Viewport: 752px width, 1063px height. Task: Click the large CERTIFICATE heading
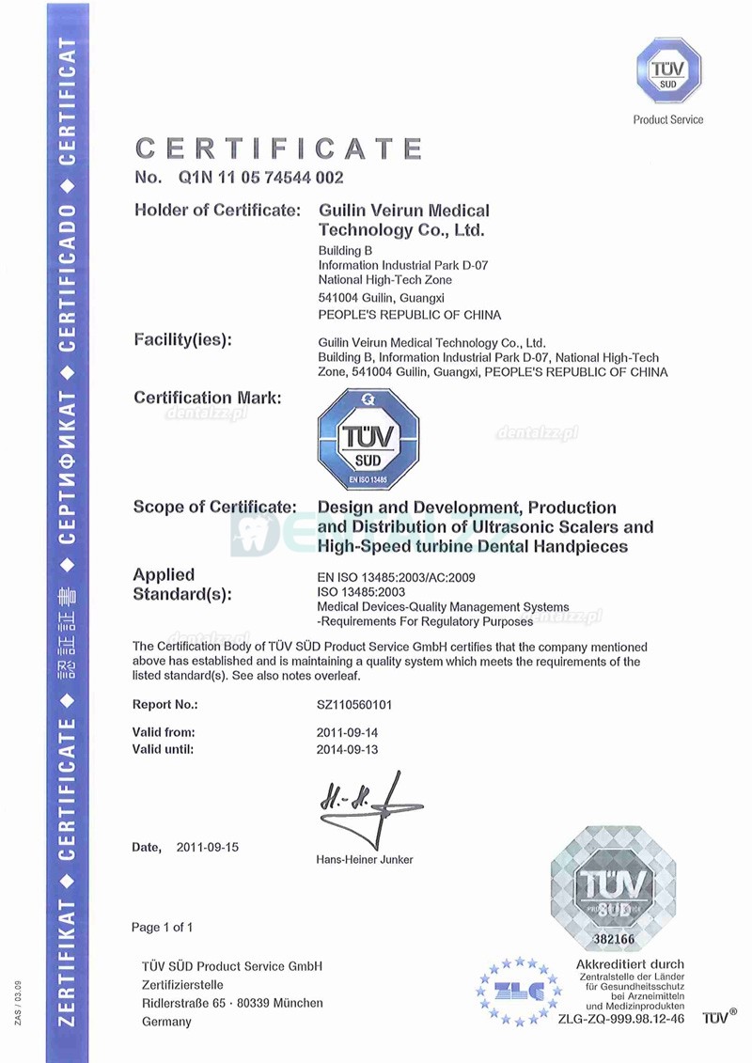[x=279, y=149]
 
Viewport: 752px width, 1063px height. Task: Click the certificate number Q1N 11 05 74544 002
[x=258, y=177]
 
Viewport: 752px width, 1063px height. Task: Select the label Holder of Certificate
[x=217, y=210]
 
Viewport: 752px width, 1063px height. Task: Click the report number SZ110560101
[x=362, y=705]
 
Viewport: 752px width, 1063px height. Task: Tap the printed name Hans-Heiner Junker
[x=365, y=859]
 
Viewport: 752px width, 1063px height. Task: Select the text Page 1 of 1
[x=163, y=928]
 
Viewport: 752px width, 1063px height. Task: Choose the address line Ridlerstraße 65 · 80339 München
[x=232, y=1003]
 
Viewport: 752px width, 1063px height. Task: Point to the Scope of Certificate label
[x=215, y=508]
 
